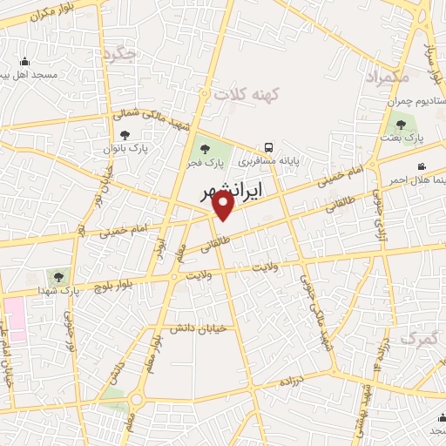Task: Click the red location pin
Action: point(224,206)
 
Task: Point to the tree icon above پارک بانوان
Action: point(125,135)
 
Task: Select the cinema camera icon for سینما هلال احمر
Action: point(422,166)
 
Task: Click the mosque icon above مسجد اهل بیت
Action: point(24,61)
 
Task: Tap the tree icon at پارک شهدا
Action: point(58,277)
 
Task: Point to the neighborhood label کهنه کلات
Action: point(244,93)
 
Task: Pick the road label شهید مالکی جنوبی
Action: point(315,307)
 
